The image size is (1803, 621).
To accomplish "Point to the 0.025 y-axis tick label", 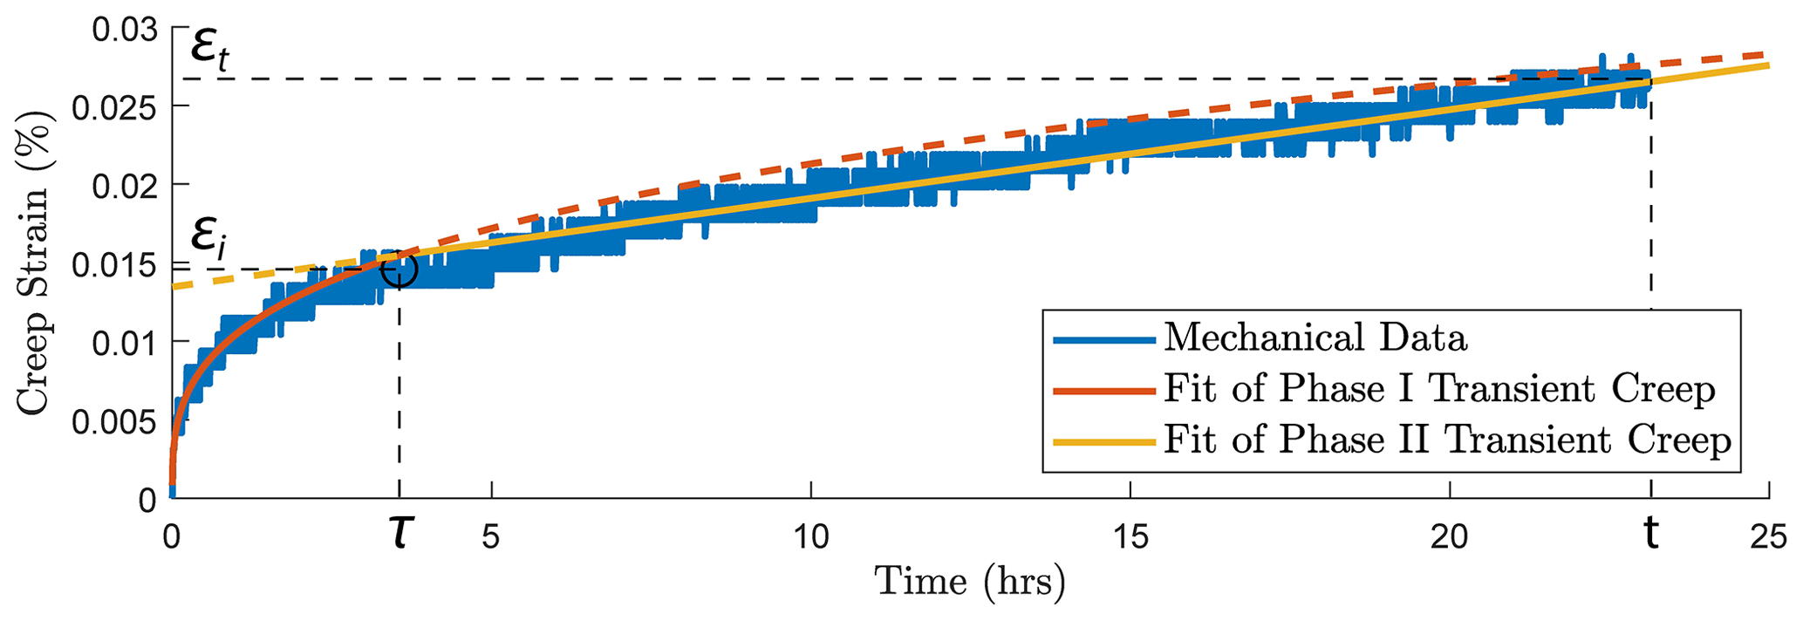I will coord(115,109).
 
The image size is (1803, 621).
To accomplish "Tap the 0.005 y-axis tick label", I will coord(115,423).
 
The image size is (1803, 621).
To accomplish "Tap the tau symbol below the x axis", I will coord(400,534).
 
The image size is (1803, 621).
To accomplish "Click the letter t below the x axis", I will coord(1650,534).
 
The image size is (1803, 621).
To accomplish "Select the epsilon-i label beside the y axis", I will coord(208,235).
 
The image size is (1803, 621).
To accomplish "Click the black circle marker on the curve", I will coord(400,270).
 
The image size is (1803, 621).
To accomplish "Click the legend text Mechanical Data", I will coord(1315,338).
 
